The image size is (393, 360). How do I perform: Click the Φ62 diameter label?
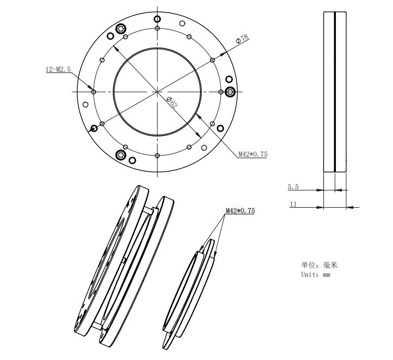point(172,102)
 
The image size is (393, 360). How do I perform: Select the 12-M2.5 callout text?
point(58,69)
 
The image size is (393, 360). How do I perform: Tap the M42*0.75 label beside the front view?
point(253,154)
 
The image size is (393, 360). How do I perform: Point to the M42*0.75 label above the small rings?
point(240,210)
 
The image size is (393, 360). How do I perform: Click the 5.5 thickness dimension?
point(293,187)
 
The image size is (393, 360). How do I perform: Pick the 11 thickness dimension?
point(293,204)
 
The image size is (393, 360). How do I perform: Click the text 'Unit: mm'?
point(316,275)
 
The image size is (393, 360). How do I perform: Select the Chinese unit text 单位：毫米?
point(319,265)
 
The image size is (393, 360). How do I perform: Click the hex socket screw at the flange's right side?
point(230,92)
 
